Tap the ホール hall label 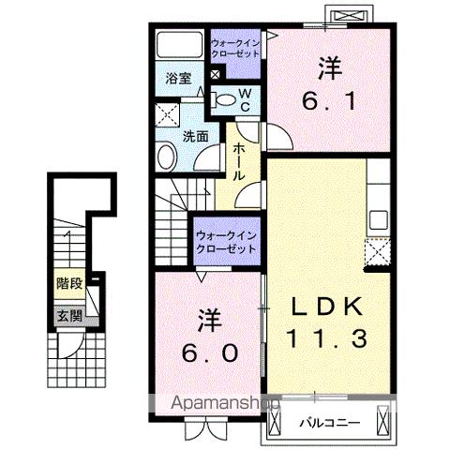pyautogui.click(x=241, y=162)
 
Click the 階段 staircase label pyautogui.click(x=67, y=281)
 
